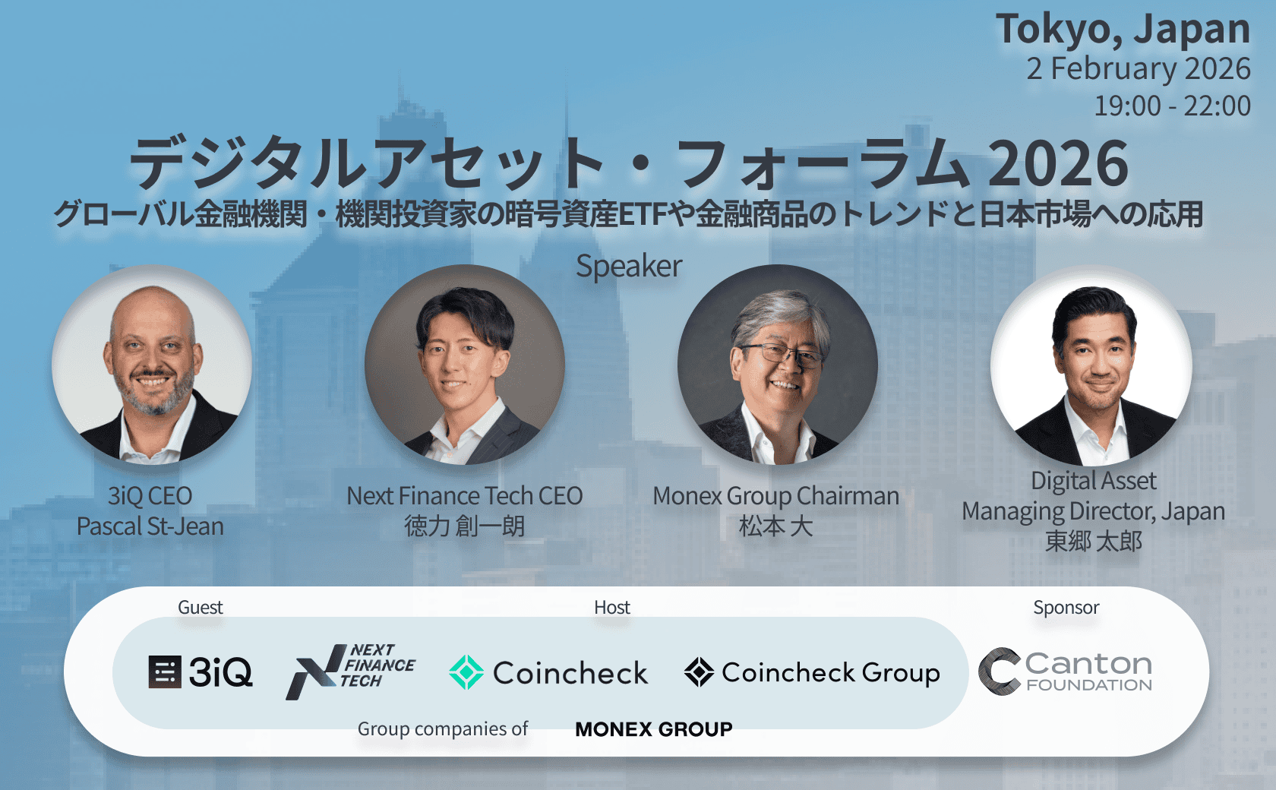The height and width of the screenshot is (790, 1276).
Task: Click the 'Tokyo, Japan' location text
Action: (1123, 29)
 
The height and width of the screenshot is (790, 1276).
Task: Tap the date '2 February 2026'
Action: (1138, 68)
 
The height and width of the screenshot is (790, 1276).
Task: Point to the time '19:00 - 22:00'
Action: (1171, 106)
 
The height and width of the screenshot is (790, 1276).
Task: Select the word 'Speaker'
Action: (629, 266)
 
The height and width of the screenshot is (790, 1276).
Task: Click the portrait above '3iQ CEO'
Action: (152, 365)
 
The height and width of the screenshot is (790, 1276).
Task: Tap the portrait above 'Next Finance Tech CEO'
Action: (465, 365)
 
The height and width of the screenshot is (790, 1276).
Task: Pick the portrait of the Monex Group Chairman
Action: (777, 365)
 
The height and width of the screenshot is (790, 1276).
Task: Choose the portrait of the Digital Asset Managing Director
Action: (1091, 365)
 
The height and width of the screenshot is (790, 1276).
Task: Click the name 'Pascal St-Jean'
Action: (150, 526)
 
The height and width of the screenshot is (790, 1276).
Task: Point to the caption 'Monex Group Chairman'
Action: (775, 496)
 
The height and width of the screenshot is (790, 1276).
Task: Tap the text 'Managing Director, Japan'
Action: (1093, 511)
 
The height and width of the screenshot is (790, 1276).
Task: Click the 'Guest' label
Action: (201, 608)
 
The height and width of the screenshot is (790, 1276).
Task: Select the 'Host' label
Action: (612, 608)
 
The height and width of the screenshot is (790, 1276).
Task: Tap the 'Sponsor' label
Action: (1066, 608)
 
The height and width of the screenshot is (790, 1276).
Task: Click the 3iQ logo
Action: (201, 672)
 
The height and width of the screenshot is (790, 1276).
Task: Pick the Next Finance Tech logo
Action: (350, 671)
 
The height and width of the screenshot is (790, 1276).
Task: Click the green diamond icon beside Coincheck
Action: (466, 672)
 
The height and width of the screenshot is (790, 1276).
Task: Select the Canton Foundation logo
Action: (1065, 671)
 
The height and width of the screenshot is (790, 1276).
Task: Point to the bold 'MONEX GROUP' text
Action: (653, 729)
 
